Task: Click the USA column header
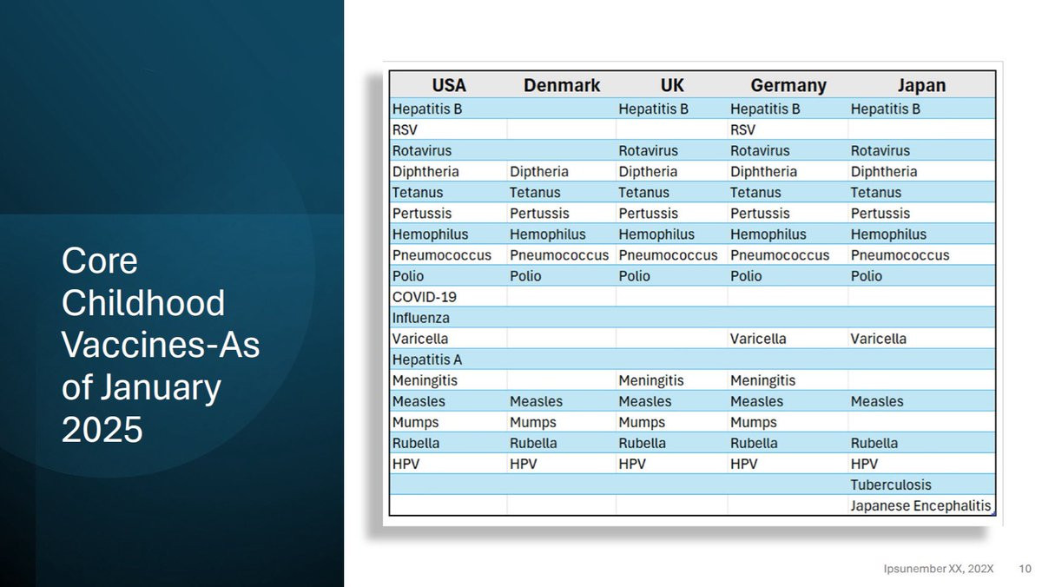(449, 85)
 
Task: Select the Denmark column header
(562, 85)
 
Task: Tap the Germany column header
(788, 86)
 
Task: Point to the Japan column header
(921, 86)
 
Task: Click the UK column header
(672, 85)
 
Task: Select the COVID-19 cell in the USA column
(425, 297)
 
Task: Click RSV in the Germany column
(742, 129)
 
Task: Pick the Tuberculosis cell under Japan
(891, 485)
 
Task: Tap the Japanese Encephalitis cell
(920, 505)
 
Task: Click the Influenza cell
(421, 318)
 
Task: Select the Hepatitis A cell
(427, 359)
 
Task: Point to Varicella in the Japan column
(878, 339)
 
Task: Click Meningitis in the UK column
(650, 380)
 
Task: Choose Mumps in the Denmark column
(532, 422)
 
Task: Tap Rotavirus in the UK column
(648, 151)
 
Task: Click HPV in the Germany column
(743, 464)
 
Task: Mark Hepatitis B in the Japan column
(885, 109)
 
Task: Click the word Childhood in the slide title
(143, 303)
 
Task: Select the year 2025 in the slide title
(102, 429)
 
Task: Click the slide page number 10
(1026, 569)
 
